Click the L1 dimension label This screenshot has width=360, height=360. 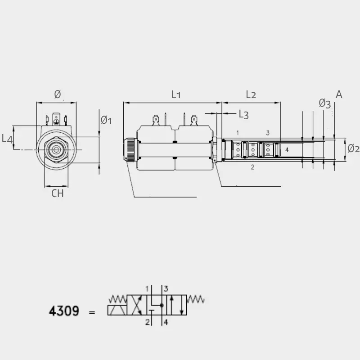click(x=176, y=94)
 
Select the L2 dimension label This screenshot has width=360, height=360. click(x=251, y=94)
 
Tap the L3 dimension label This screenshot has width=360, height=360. click(x=244, y=114)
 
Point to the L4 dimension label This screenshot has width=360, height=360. click(x=7, y=139)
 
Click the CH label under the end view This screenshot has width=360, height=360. click(x=58, y=193)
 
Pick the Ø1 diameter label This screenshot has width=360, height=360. click(x=106, y=120)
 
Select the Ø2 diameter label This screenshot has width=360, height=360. click(x=354, y=148)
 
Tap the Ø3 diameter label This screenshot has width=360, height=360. click(x=324, y=103)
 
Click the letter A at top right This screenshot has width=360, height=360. click(x=339, y=94)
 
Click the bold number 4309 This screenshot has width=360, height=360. click(x=64, y=311)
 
